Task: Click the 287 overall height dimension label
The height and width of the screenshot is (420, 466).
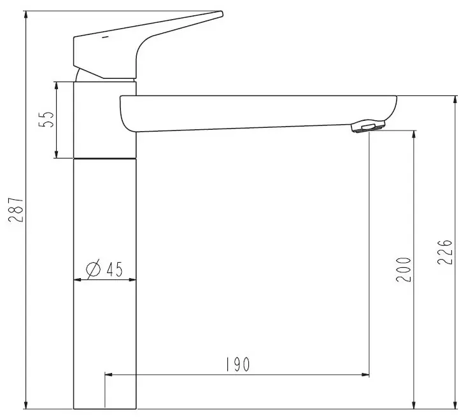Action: [x=16, y=210]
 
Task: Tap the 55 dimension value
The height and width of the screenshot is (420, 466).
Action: [x=46, y=120]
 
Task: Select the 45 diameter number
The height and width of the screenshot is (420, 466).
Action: [x=115, y=269]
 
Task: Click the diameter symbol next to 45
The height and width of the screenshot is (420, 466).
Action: [x=93, y=268]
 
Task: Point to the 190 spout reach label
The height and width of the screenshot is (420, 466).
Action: [x=237, y=365]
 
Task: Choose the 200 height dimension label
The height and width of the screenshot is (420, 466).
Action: [x=404, y=269]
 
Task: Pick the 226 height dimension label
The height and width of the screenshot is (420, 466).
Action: [x=445, y=251]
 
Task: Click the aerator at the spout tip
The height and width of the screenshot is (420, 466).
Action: [x=368, y=125]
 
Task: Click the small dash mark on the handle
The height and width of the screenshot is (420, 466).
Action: [x=106, y=37]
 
